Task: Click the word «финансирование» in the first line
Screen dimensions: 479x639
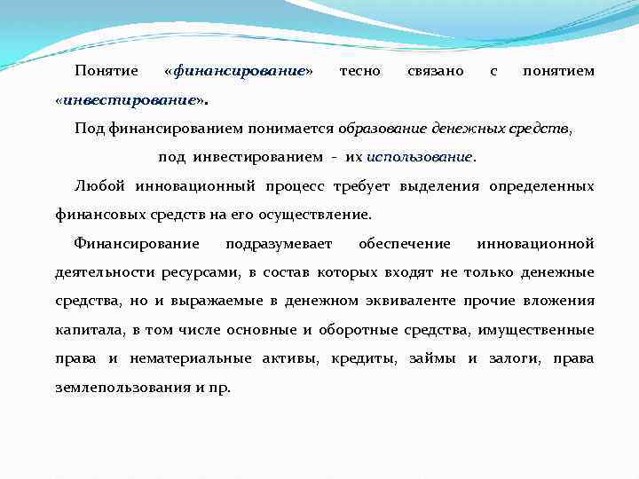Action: pyautogui.click(x=239, y=70)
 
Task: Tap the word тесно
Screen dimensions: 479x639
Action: pyautogui.click(x=360, y=70)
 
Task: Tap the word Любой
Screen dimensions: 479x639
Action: pyautogui.click(x=101, y=185)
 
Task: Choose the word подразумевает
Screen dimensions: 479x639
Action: pyautogui.click(x=279, y=243)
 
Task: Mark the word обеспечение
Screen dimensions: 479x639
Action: pyautogui.click(x=404, y=243)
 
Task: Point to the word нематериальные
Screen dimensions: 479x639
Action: pyautogui.click(x=184, y=358)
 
